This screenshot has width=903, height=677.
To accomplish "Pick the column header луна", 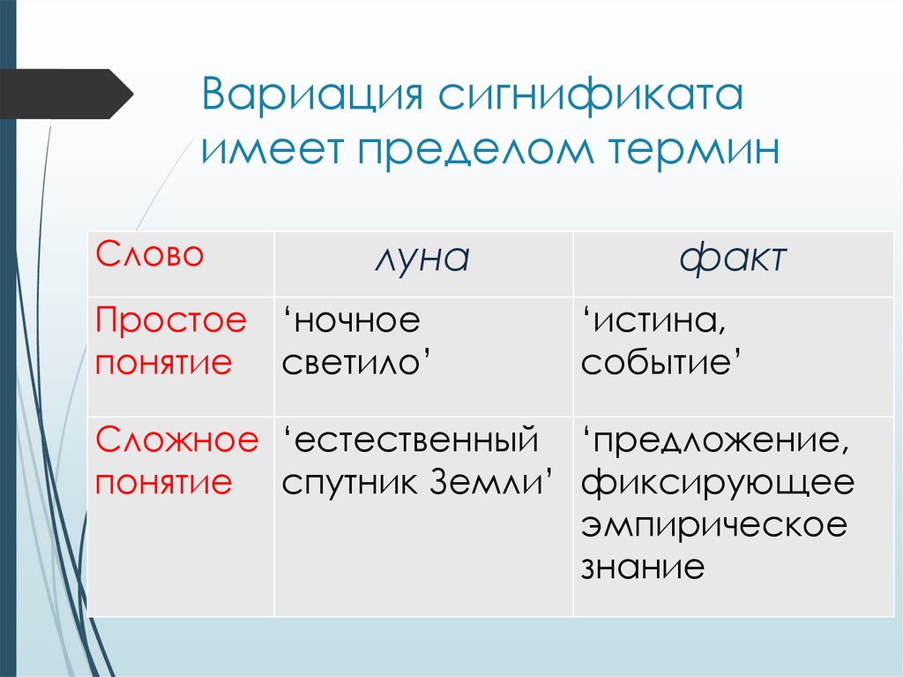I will tap(422, 260).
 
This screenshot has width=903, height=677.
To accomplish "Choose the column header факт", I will tap(733, 260).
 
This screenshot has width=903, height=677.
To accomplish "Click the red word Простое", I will tap(171, 321).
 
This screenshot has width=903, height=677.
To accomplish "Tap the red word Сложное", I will tap(177, 439).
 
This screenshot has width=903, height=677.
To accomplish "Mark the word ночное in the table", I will tap(352, 321).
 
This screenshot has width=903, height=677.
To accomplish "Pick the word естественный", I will tap(411, 439).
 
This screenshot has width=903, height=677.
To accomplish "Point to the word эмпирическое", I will tap(715, 524).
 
